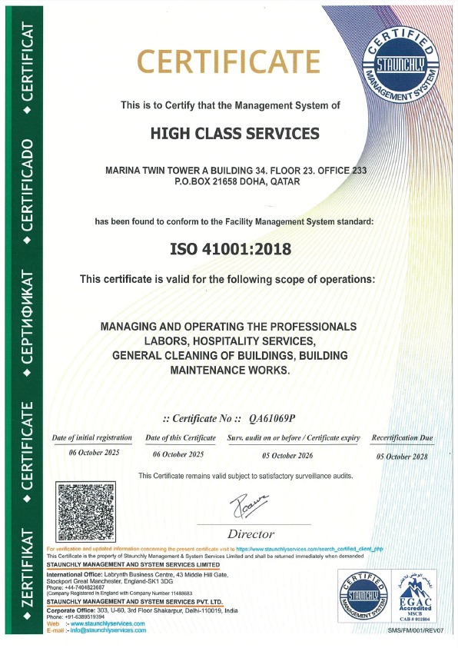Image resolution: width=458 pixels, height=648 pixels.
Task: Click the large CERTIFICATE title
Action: (228, 61)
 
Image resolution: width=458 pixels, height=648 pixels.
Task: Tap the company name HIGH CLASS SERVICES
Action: (234, 134)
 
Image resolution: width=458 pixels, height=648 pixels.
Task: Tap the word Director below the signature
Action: (251, 533)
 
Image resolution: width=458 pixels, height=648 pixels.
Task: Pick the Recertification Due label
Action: (401, 437)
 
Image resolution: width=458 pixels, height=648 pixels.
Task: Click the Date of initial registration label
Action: (93, 437)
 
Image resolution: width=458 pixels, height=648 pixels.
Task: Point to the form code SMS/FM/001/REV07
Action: (416, 630)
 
